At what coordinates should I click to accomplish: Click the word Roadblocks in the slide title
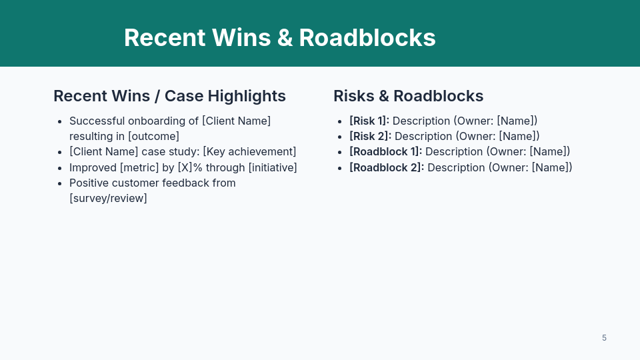[x=367, y=37]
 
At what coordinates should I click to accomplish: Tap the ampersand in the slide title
[x=285, y=37]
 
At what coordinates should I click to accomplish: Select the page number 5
[x=604, y=338]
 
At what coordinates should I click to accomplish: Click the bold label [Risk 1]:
[x=369, y=121]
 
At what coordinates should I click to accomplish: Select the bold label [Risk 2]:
[x=370, y=136]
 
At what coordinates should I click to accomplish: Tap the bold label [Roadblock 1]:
[x=385, y=151]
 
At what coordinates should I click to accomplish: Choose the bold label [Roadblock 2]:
[x=387, y=167]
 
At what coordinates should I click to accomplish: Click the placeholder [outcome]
[x=153, y=136]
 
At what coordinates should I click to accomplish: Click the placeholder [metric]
[x=139, y=167]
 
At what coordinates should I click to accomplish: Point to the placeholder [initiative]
[x=273, y=167]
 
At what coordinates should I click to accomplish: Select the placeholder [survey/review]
[x=108, y=198]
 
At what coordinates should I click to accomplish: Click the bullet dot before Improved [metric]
[x=60, y=168]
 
